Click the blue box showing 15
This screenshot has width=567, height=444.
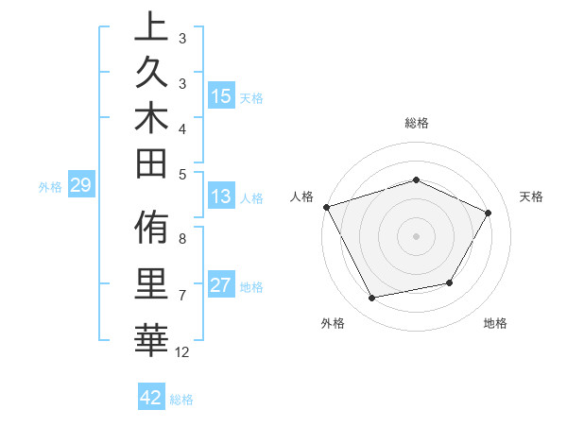(x=221, y=96)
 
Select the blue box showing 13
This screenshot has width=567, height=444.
(x=221, y=196)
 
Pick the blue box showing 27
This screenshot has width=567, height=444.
(x=221, y=285)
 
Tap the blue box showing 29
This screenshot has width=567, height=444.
(x=81, y=185)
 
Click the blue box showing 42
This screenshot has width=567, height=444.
(x=151, y=398)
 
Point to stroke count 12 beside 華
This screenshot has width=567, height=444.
(x=182, y=352)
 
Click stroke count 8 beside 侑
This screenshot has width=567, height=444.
(x=182, y=238)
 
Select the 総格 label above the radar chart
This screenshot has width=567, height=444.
(x=416, y=123)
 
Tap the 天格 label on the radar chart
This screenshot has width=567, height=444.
(x=531, y=196)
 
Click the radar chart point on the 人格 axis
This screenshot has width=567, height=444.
(x=326, y=207)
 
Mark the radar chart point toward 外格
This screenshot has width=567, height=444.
(x=372, y=299)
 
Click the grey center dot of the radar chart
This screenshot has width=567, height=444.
(x=416, y=235)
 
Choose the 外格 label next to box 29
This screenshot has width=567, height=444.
(x=50, y=186)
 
